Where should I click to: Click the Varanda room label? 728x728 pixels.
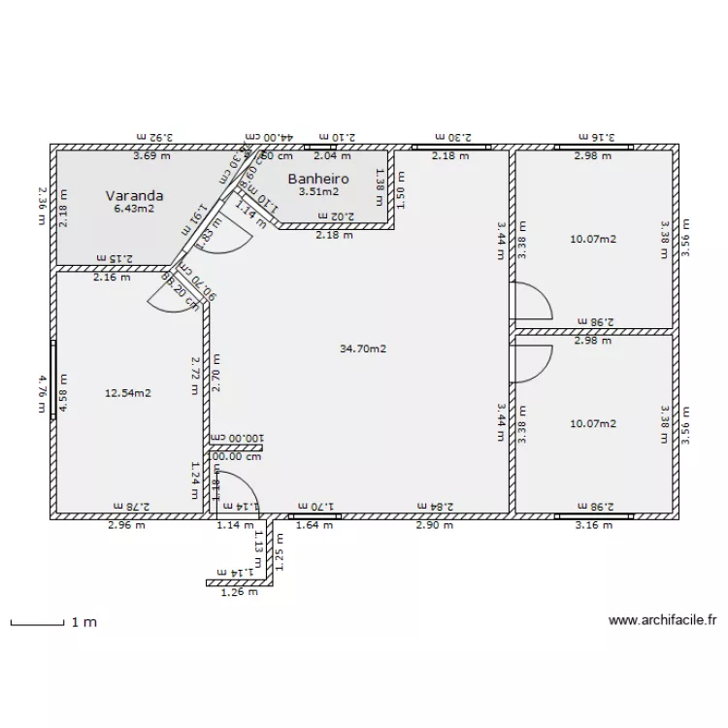[134, 195]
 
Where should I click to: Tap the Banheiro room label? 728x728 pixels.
[318, 179]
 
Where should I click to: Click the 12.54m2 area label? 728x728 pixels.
[128, 393]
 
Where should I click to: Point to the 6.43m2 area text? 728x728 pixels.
[134, 209]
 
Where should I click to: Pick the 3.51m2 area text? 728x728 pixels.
[318, 192]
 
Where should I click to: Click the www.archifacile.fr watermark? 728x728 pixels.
[662, 619]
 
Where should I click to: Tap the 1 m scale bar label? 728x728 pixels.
[84, 622]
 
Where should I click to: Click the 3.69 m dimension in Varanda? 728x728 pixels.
[151, 155]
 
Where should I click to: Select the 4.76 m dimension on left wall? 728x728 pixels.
[42, 393]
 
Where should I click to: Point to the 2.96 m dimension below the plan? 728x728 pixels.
[126, 526]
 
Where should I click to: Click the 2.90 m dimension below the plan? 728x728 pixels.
[434, 526]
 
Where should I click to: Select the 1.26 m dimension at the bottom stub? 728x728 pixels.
[239, 592]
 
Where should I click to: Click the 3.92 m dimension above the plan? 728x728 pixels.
[153, 139]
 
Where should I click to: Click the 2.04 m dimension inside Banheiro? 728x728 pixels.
[333, 155]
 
